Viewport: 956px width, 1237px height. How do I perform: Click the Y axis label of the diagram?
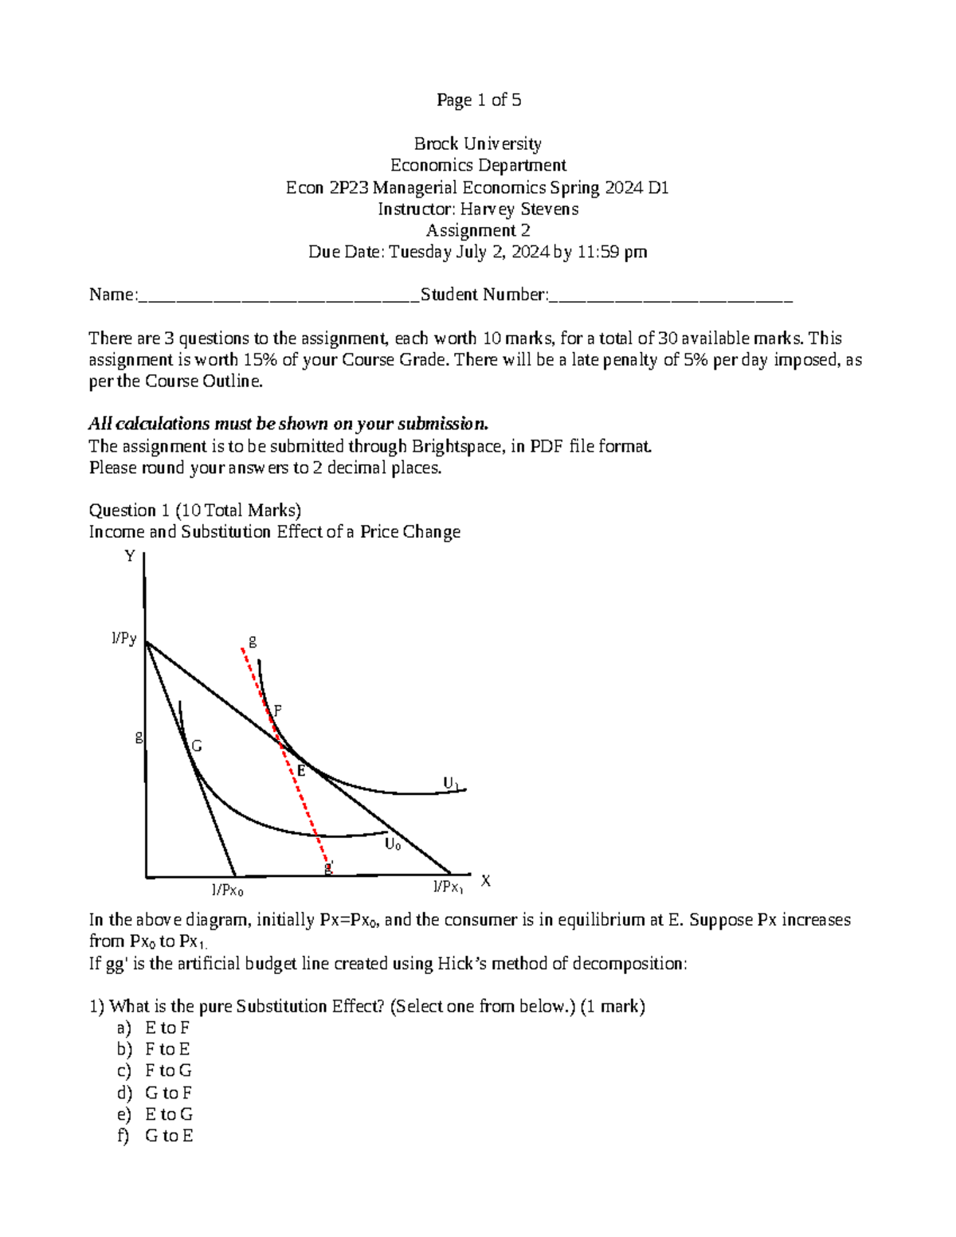tap(130, 556)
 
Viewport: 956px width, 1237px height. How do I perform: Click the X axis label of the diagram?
tap(485, 881)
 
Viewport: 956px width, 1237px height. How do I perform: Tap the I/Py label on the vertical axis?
tap(123, 639)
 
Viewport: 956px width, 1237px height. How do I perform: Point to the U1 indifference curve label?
tap(452, 784)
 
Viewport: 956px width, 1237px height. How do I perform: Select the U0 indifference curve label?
tap(393, 844)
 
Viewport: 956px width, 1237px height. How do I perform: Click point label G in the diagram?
tap(196, 746)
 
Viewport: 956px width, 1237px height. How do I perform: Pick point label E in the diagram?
tap(301, 770)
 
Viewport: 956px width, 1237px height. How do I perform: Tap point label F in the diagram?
tap(277, 710)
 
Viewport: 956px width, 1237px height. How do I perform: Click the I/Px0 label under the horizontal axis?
tap(227, 891)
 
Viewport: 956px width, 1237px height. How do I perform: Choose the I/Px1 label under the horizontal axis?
tap(448, 887)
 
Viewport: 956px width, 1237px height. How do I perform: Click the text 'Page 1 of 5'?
tap(478, 100)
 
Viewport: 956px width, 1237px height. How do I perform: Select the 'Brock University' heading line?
tap(478, 143)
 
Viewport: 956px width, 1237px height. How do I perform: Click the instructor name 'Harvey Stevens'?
tap(519, 209)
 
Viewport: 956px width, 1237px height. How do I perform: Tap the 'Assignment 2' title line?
tap(478, 230)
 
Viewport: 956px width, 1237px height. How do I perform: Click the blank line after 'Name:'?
tap(279, 296)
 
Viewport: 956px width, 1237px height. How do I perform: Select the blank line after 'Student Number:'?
tap(671, 296)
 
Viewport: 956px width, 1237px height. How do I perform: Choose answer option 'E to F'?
tap(167, 1028)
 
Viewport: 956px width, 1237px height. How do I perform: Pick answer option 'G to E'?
tap(169, 1136)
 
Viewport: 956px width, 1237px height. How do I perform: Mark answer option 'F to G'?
tap(168, 1071)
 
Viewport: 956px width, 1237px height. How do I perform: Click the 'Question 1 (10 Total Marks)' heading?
tap(194, 510)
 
